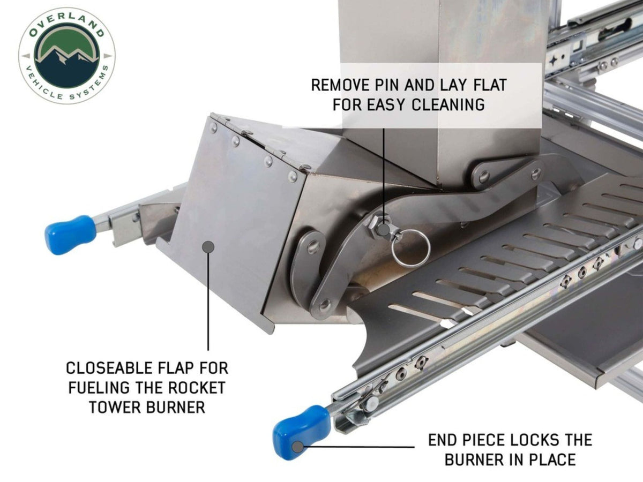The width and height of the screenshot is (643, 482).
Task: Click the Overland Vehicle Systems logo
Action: click(66, 56)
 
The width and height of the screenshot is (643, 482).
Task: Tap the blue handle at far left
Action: click(70, 234)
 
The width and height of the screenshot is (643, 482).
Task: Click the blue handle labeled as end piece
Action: click(301, 431)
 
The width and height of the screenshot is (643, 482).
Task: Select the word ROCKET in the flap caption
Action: click(198, 388)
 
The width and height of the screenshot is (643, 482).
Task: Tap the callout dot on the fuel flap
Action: click(208, 246)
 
